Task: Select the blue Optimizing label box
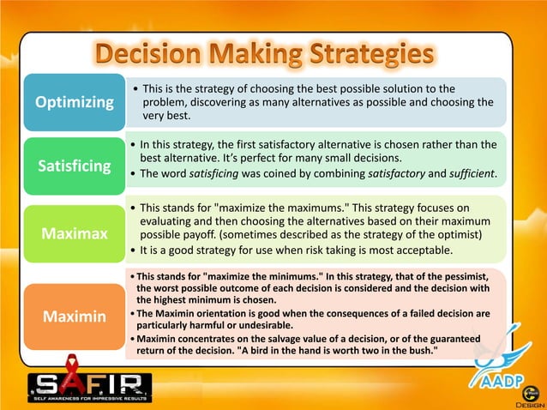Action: tap(74, 103)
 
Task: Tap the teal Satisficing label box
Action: tap(74, 165)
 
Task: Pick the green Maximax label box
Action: tap(74, 233)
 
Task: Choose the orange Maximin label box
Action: tap(74, 317)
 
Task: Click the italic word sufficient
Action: tap(466, 175)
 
